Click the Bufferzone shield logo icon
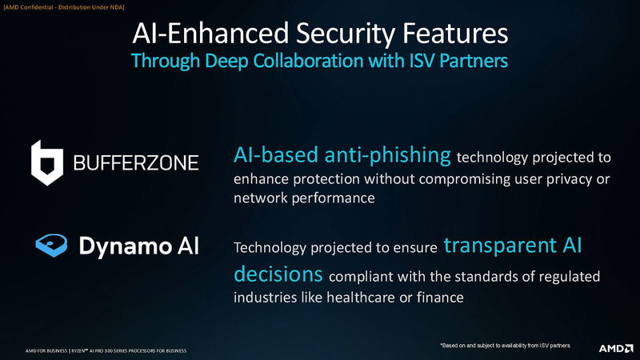coord(47,163)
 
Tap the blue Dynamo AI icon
coord(51,246)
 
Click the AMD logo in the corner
coord(616,348)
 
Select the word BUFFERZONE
coord(136,163)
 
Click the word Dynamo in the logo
coord(126,247)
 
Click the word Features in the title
coord(455,33)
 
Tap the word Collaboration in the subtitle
coord(308,61)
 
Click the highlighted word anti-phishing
coord(387,155)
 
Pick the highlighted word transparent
coord(500,246)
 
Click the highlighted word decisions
coord(278,274)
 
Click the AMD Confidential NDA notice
coord(64,7)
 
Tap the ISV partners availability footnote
coord(505,346)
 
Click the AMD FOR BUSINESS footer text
coord(106,350)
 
